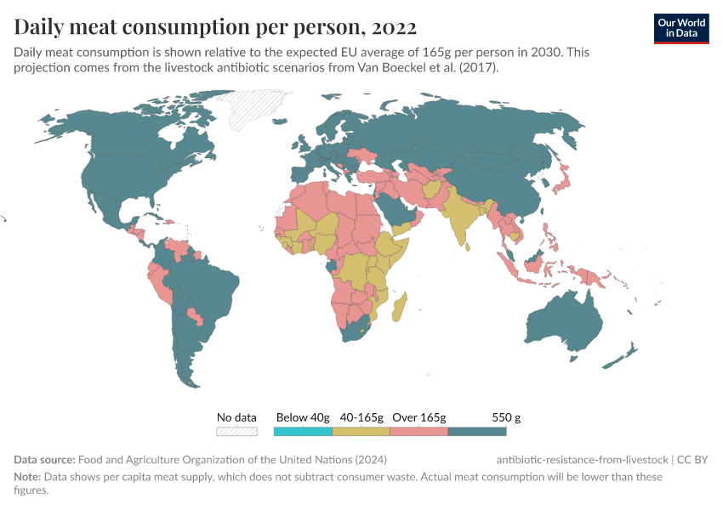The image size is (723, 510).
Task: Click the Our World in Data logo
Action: pyautogui.click(x=681, y=27)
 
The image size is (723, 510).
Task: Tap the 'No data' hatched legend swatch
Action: pyautogui.click(x=236, y=432)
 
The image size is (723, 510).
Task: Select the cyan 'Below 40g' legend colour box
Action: pyautogui.click(x=302, y=432)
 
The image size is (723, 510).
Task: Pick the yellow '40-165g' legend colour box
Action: pyautogui.click(x=361, y=432)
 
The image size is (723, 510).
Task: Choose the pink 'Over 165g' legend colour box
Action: pyautogui.click(x=418, y=432)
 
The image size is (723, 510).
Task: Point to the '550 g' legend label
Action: pyautogui.click(x=505, y=417)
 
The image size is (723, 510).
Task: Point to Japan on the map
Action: pyautogui.click(x=561, y=183)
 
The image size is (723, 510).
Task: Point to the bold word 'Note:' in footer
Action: pyautogui.click(x=28, y=477)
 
